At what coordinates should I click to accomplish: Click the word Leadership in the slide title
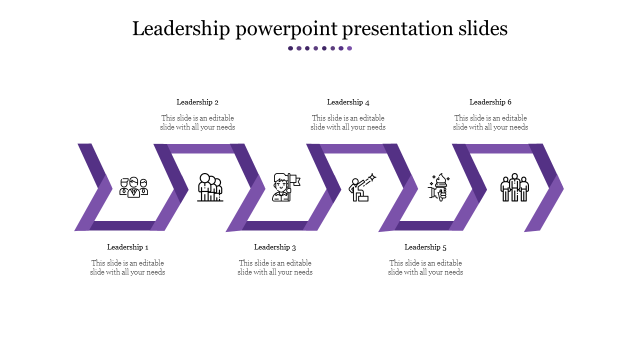[x=181, y=29]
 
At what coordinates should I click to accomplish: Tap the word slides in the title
[x=483, y=28]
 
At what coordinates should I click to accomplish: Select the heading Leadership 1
[x=127, y=247]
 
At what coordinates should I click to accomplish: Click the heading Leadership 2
[x=197, y=102]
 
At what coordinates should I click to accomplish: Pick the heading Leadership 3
[x=275, y=247]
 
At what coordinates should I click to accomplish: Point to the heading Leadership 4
[x=348, y=102]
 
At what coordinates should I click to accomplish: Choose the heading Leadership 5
[x=425, y=247]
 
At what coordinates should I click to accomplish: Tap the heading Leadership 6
[x=490, y=102]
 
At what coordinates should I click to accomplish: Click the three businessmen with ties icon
[x=133, y=187]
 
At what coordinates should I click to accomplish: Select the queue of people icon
[x=210, y=187]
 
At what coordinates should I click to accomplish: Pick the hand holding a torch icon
[x=439, y=187]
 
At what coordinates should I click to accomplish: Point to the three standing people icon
[x=514, y=187]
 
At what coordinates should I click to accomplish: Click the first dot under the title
[x=290, y=48]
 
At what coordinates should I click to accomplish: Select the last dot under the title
[x=349, y=48]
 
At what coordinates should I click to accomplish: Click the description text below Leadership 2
[x=197, y=122]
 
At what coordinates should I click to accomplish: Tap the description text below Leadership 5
[x=425, y=267]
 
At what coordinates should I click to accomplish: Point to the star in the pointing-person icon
[x=372, y=177]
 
